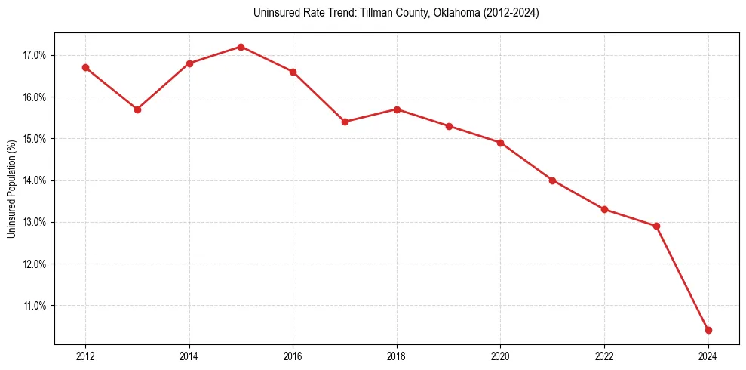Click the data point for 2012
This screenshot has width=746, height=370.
[85, 67]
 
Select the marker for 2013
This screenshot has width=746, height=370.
[137, 109]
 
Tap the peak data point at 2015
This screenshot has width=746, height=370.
[241, 47]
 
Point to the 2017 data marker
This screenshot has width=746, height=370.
[345, 122]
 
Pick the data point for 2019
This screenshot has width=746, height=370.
[449, 126]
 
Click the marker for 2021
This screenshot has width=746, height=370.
[552, 180]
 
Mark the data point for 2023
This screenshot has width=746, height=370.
[656, 226]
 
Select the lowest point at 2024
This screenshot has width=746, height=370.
[708, 330]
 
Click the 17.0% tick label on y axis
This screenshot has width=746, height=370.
[35, 55]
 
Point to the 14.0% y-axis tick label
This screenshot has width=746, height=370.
[35, 180]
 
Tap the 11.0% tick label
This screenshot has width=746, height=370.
[35, 306]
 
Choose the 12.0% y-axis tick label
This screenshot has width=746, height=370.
[35, 264]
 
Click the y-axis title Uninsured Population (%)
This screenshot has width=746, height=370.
[11, 189]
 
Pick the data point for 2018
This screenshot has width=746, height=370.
[397, 109]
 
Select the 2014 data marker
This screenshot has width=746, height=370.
[189, 63]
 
